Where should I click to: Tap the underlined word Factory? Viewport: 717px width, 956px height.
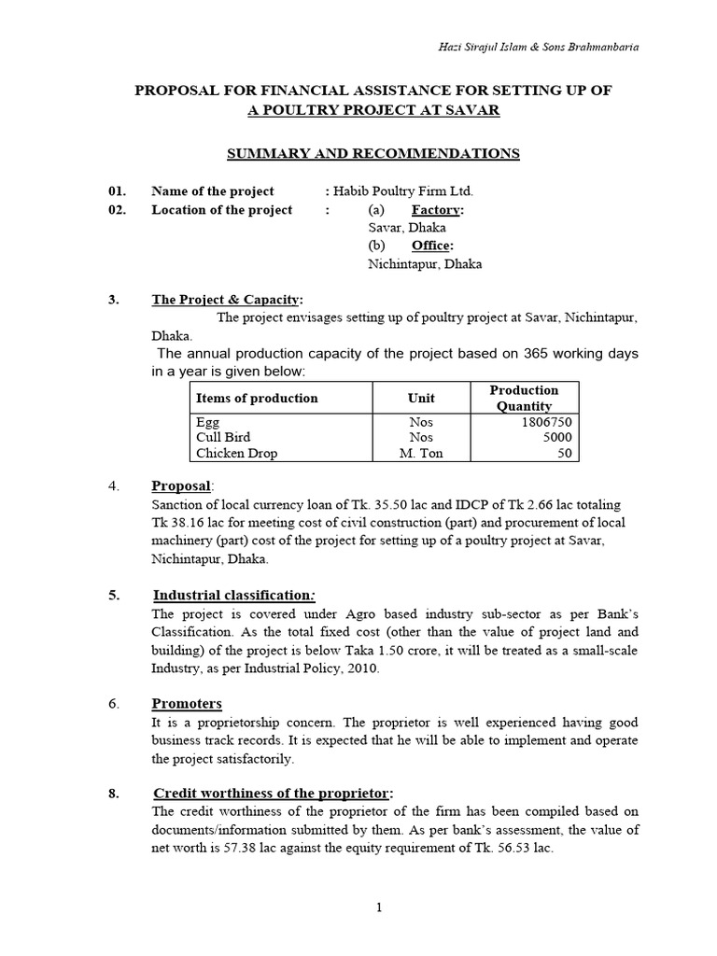click(437, 210)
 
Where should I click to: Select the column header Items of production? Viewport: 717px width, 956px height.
click(257, 398)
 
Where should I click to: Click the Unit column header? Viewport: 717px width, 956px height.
click(421, 398)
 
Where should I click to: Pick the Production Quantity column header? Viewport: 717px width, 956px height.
click(524, 398)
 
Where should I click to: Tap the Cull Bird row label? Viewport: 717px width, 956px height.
click(223, 437)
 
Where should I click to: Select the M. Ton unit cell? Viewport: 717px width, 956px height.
click(421, 454)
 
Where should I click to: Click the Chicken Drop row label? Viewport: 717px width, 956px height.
click(237, 454)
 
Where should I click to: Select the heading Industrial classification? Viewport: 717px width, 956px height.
click(232, 595)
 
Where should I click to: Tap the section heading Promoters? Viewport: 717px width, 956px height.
click(187, 703)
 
